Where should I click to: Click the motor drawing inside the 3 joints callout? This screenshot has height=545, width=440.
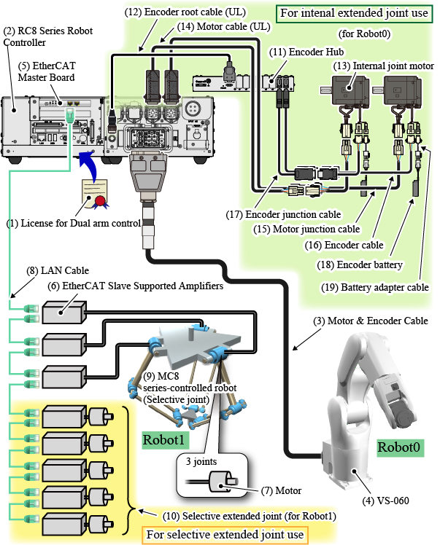tap(220, 481)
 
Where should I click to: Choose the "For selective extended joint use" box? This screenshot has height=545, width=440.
tap(225, 535)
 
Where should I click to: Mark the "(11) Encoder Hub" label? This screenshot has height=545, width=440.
tap(298, 52)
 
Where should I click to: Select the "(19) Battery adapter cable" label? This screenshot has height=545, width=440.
tap(374, 287)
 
